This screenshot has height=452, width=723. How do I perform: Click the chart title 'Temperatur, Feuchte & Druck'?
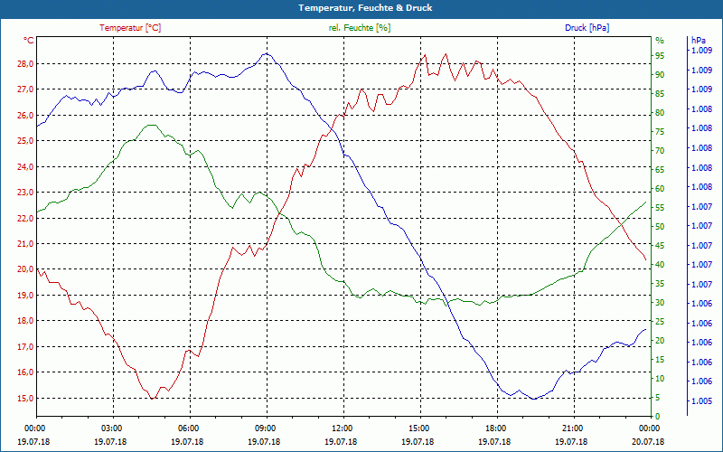click(361, 7)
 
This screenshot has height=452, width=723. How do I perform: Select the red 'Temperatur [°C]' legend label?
click(130, 28)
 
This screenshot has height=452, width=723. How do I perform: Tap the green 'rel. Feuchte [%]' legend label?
click(360, 28)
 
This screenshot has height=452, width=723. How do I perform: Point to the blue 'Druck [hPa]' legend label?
click(587, 28)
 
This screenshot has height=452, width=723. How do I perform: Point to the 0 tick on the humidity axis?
click(657, 417)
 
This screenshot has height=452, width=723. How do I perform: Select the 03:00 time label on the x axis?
click(112, 428)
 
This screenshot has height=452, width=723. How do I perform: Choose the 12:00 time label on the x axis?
click(343, 428)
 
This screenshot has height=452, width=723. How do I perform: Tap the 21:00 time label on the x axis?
click(572, 428)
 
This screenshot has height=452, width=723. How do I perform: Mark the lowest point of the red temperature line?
click(154, 398)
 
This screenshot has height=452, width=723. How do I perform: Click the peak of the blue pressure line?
click(265, 53)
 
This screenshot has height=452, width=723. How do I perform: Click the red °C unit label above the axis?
click(29, 40)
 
